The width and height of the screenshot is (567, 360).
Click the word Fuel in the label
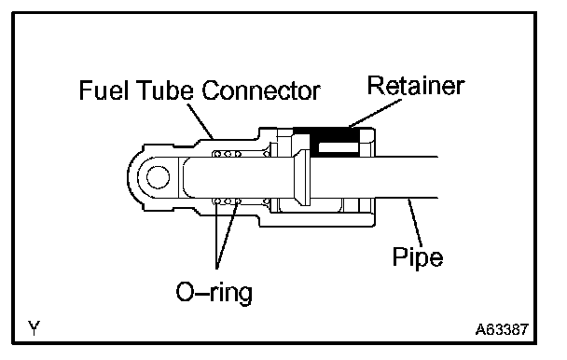coord(104,90)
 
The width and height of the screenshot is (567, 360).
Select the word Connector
coord(261,90)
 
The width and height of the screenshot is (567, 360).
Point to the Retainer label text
coord(416,86)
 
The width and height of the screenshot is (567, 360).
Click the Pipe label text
coord(418,257)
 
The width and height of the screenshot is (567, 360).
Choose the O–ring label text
coord(214,292)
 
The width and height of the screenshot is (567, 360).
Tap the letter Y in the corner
coord(34,327)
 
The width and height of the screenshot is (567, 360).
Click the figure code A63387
coord(502,329)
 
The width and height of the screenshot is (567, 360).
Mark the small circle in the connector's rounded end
coord(158,177)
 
